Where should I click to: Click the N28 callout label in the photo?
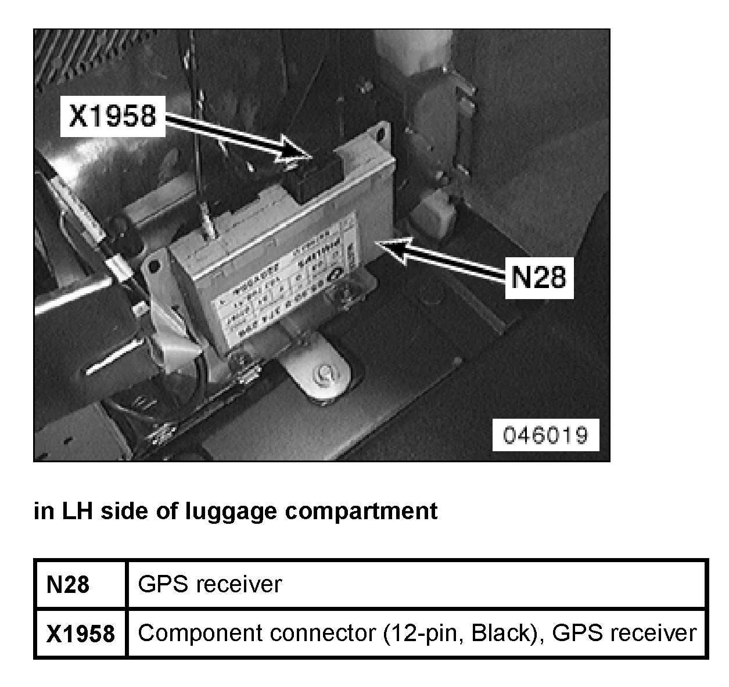pyautogui.click(x=538, y=278)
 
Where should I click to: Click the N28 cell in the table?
pyautogui.click(x=69, y=584)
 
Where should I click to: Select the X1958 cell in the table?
pyautogui.click(x=80, y=633)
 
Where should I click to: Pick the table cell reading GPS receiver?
pyautogui.click(x=209, y=584)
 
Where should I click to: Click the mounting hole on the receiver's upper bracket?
pyautogui.click(x=382, y=133)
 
